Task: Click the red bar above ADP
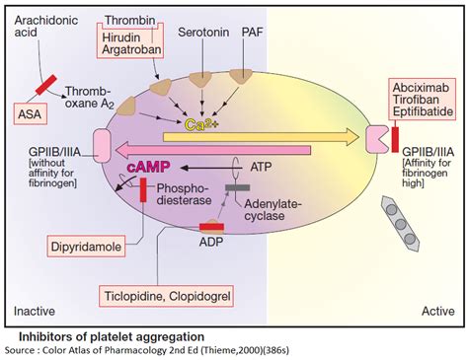point(210,228)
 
